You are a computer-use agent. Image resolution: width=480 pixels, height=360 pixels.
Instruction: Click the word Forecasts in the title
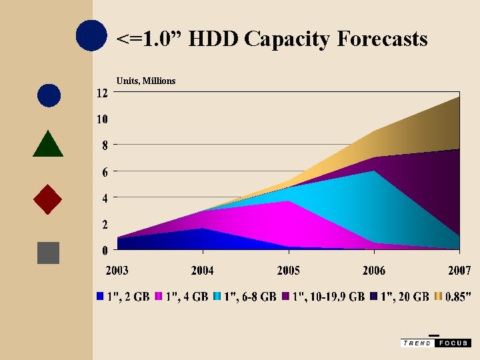(382, 39)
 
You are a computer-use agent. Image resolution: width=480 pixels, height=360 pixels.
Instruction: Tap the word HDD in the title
(214, 39)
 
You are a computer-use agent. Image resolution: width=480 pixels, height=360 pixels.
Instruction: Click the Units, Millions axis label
(146, 81)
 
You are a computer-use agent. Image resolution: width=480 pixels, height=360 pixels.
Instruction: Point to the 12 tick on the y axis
(101, 93)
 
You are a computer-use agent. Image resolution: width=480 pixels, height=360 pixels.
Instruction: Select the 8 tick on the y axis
(104, 145)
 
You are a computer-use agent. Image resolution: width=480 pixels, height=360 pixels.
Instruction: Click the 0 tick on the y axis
(105, 250)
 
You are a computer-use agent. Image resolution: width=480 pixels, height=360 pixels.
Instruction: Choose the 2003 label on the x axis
(117, 270)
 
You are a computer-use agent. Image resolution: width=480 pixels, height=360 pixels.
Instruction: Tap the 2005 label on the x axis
(288, 270)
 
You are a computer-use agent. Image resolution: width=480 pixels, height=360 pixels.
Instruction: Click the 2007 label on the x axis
(459, 270)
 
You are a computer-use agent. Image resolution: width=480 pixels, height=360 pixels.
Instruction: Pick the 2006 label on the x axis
(374, 270)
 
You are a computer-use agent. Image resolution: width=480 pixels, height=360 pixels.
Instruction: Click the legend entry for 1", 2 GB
(123, 297)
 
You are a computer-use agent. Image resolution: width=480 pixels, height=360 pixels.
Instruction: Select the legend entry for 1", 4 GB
(182, 297)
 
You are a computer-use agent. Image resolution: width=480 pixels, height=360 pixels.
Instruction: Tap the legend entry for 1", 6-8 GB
(245, 297)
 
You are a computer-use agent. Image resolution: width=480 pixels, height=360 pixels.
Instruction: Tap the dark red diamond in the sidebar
(48, 199)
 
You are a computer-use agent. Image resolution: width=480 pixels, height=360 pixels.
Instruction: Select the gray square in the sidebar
(49, 253)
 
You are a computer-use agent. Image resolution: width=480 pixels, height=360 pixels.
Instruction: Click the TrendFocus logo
(436, 342)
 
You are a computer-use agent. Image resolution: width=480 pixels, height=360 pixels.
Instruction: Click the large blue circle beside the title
(91, 36)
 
